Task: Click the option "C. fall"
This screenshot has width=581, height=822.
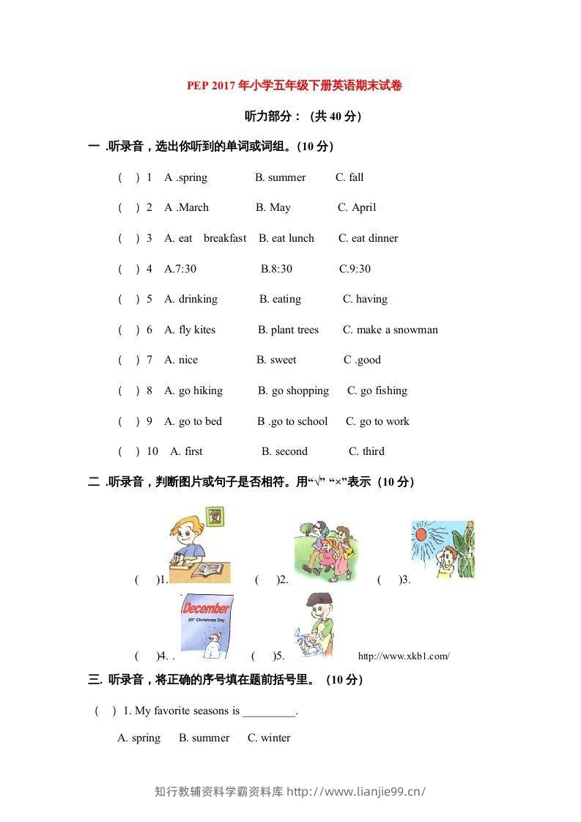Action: (x=349, y=177)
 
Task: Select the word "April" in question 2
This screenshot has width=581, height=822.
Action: (x=363, y=207)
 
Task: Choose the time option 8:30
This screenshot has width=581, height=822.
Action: (x=276, y=269)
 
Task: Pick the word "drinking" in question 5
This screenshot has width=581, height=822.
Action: (x=198, y=299)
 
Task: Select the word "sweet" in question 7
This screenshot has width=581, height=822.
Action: (x=283, y=360)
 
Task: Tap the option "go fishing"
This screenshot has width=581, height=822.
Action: (x=383, y=390)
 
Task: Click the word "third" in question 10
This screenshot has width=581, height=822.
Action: (x=373, y=451)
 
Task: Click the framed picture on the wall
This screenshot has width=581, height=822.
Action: (x=215, y=516)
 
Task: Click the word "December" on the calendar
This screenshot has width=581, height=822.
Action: (x=206, y=608)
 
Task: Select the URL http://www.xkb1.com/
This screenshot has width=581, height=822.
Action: (x=404, y=656)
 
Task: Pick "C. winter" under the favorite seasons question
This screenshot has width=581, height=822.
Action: (x=269, y=738)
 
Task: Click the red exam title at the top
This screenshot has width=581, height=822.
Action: (x=295, y=86)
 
